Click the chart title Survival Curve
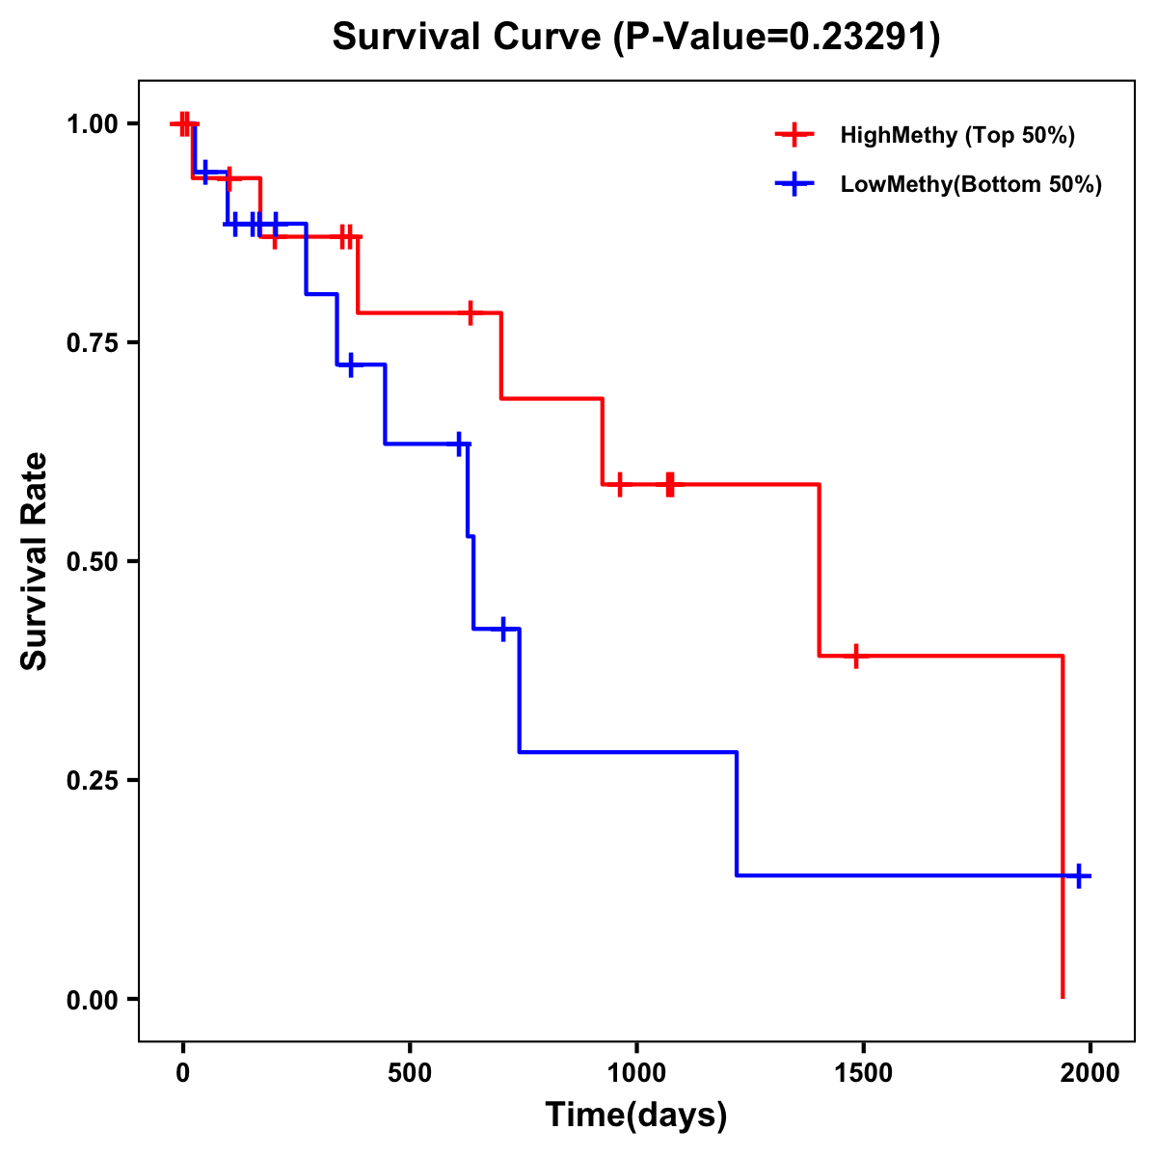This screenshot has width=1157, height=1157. point(635,37)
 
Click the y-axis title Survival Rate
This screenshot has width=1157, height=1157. point(35,560)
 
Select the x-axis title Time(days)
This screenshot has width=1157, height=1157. point(635,1115)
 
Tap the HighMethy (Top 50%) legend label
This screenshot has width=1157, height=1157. point(956,135)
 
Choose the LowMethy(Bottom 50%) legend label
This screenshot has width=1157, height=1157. point(971,184)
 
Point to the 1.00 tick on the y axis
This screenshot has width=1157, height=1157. point(92,123)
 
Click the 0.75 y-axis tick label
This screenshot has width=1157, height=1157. point(92,342)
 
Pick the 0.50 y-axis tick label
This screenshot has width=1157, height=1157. point(92,561)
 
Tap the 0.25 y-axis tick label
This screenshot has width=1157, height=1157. point(92,780)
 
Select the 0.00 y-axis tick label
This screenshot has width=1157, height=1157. point(92,999)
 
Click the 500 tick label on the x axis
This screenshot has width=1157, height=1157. point(410,1074)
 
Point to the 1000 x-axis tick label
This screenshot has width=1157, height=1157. point(636,1074)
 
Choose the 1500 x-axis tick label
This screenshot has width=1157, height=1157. point(863,1074)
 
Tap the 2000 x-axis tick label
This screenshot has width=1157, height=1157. point(1090,1074)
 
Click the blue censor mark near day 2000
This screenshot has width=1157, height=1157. point(1079,875)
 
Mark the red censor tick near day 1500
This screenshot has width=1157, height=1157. point(855,656)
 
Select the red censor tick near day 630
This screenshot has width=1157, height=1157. point(471,312)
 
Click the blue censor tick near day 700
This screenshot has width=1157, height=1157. point(503,629)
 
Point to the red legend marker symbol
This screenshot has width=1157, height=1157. point(794,135)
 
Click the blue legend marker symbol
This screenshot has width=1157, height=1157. point(794,184)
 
